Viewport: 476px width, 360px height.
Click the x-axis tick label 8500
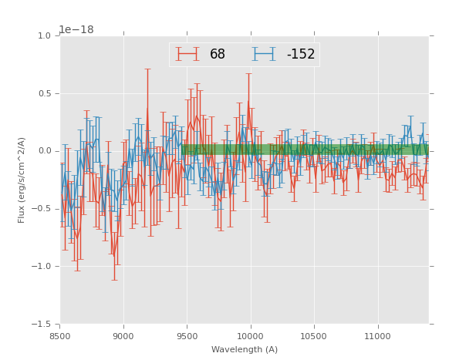[x=60, y=336]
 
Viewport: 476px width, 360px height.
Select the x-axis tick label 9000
[x=123, y=336]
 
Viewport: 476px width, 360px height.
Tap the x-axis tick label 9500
[x=187, y=336]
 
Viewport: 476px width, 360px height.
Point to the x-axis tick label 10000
[x=250, y=336]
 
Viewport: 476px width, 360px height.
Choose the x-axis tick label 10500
[x=314, y=336]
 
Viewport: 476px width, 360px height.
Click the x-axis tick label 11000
[x=377, y=336]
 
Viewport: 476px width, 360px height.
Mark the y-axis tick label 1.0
[x=44, y=36]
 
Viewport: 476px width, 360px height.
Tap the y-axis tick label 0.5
[x=44, y=94]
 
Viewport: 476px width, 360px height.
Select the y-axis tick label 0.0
[x=44, y=151]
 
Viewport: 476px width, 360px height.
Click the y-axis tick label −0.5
[x=42, y=209]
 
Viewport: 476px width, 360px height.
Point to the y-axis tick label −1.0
[x=42, y=267]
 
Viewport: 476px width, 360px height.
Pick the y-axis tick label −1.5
[x=42, y=325]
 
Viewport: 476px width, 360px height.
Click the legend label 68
[x=218, y=55]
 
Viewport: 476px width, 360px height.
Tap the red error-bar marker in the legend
[x=187, y=54]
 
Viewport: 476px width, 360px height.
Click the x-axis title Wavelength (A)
[x=245, y=349]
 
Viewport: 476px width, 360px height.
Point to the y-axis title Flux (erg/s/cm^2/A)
[x=22, y=180]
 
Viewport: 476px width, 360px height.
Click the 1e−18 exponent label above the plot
[x=76, y=30]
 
